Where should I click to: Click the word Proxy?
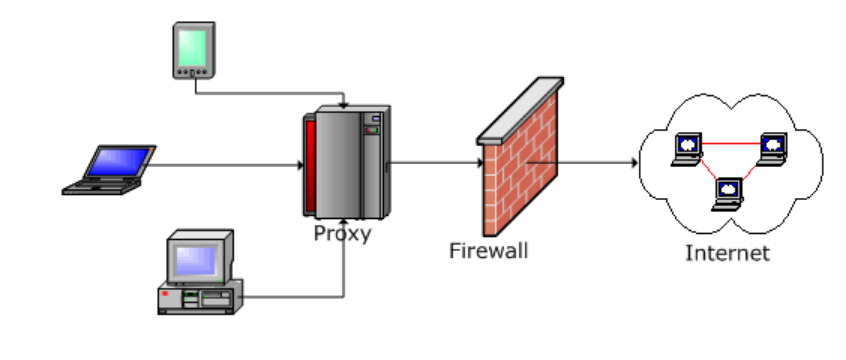(343, 234)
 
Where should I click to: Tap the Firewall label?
(489, 251)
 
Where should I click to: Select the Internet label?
(727, 253)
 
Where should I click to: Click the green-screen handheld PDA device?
(194, 50)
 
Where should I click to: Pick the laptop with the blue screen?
(110, 169)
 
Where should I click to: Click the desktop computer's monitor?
(200, 257)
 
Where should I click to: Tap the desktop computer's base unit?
(200, 297)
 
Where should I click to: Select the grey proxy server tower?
(346, 162)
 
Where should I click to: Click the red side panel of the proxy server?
(310, 166)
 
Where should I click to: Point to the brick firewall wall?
(520, 167)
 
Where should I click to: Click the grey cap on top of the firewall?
(520, 111)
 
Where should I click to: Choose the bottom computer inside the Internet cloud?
(727, 194)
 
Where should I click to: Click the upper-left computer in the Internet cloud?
(687, 149)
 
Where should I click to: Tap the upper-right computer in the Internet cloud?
(772, 148)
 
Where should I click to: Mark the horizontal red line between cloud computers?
(731, 144)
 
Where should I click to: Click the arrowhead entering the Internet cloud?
(634, 162)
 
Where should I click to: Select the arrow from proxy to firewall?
(435, 162)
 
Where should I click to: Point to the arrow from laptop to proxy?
(226, 165)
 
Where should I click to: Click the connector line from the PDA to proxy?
(270, 93)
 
